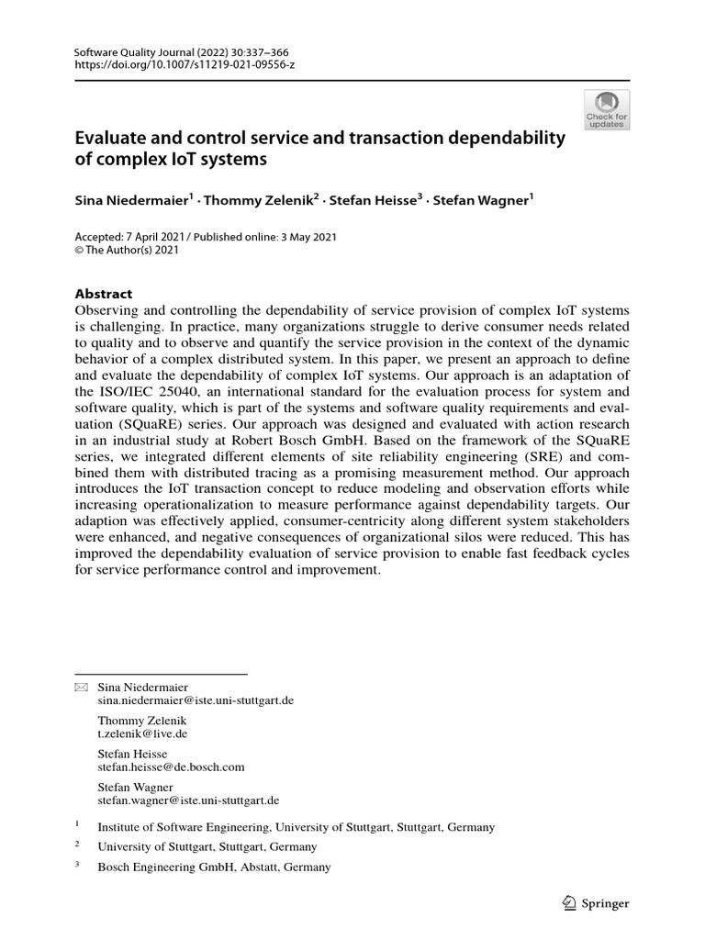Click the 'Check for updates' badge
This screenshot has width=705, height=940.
coord(607,110)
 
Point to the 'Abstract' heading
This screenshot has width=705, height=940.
coord(102,294)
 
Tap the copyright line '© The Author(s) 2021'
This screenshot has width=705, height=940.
coord(126,250)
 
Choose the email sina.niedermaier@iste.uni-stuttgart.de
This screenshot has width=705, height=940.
coord(195,699)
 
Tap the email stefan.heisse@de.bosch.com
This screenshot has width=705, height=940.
coord(171,767)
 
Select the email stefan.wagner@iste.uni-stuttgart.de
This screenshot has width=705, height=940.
coord(187,800)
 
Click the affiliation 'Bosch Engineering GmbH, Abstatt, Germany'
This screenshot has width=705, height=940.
coord(213,867)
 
